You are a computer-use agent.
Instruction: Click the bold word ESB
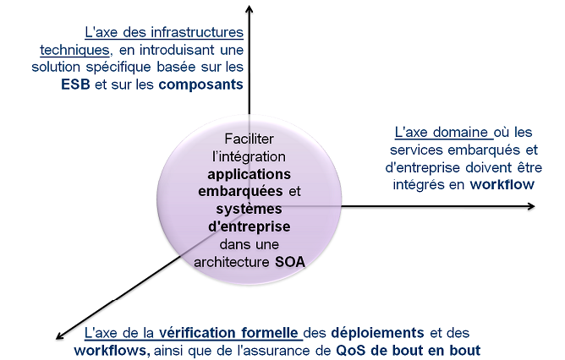[75, 85]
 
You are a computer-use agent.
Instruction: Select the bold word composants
[200, 85]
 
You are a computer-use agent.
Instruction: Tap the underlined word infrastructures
[197, 32]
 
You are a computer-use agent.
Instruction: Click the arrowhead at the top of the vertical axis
[249, 8]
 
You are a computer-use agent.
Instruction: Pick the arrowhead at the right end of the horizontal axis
[531, 206]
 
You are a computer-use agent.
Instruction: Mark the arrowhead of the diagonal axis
[60, 335]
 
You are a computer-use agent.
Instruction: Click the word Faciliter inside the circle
[249, 139]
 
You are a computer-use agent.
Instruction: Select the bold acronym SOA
[290, 262]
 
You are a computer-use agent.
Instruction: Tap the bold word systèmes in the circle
[249, 210]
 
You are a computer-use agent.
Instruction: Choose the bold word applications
[249, 175]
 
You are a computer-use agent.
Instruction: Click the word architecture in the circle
[232, 262]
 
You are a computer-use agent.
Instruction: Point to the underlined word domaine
[460, 132]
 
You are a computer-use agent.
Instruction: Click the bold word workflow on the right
[502, 185]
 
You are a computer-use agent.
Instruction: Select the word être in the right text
[529, 167]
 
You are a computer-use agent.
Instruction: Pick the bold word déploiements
[377, 333]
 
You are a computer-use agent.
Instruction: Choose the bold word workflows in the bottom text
[112, 351]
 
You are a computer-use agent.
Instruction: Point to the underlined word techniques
[74, 51]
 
